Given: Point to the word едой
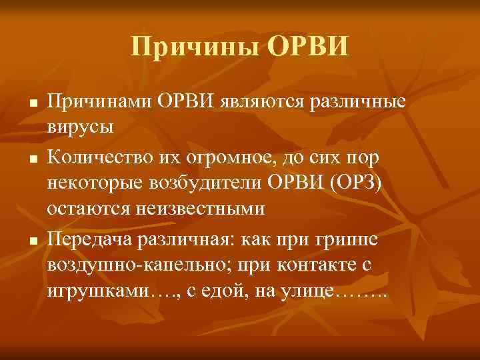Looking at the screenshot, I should tap(215, 291).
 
